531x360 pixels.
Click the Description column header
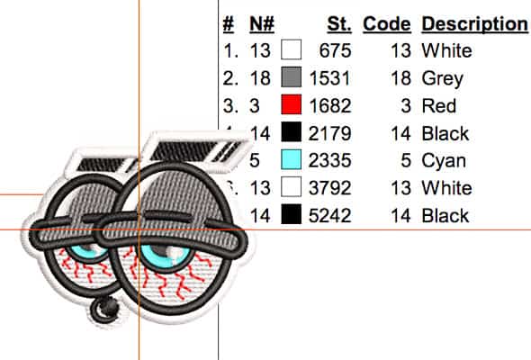[x=474, y=24]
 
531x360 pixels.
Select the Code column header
[x=387, y=24]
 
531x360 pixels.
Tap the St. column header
[x=339, y=24]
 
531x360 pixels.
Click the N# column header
[x=262, y=24]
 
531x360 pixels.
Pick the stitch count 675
[x=336, y=50]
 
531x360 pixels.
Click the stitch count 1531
[x=329, y=78]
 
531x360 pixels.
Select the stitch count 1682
[x=329, y=105]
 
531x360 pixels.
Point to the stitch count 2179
[x=329, y=133]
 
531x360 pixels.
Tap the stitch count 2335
[x=329, y=160]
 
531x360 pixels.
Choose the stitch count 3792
[x=329, y=188]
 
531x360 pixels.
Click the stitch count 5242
[x=329, y=215]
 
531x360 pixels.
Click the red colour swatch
[x=292, y=104]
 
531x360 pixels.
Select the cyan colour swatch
[x=292, y=159]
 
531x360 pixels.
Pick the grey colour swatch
[x=292, y=76]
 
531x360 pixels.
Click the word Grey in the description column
[x=442, y=79]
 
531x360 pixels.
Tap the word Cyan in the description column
[x=444, y=161]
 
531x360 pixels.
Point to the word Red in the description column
[x=439, y=105]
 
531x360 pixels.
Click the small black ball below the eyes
[x=104, y=309]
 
